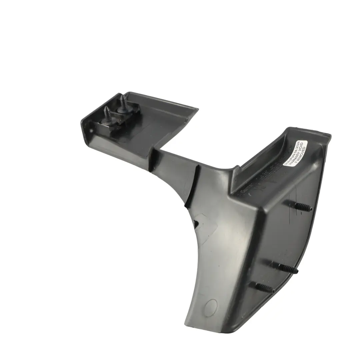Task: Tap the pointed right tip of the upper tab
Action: [x=198, y=109]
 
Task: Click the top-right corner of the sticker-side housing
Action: [x=329, y=135]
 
